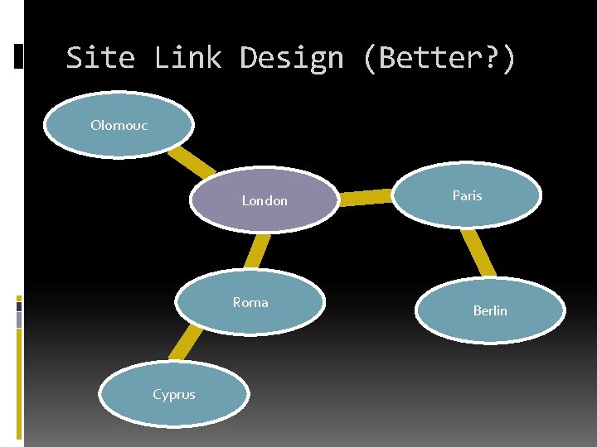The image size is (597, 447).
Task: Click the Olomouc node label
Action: (119, 126)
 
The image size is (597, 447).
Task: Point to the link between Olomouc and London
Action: (190, 161)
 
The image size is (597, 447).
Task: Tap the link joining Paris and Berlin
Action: (478, 252)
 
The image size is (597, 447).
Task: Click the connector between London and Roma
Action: (259, 251)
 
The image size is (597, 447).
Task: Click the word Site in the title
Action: (100, 58)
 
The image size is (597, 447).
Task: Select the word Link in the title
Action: (187, 58)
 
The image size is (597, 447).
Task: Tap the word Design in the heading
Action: (291, 58)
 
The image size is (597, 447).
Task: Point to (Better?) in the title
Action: (439, 58)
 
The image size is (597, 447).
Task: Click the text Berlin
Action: (490, 310)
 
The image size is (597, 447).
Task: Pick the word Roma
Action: (250, 302)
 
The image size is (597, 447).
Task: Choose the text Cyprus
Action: (174, 394)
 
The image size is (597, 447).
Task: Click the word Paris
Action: (467, 195)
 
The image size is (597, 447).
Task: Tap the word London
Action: (265, 200)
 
